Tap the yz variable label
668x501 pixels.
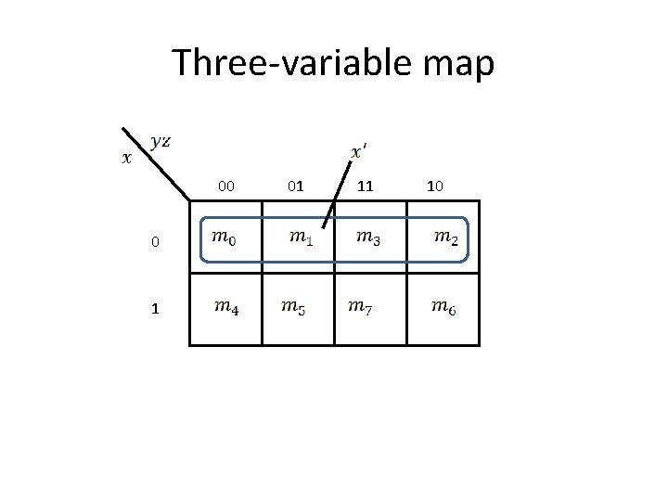click(160, 141)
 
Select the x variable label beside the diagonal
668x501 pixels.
click(127, 157)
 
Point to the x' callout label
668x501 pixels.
click(359, 150)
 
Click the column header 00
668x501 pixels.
click(225, 186)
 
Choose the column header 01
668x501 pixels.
click(295, 186)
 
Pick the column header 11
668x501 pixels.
click(366, 186)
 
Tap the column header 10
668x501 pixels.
click(434, 186)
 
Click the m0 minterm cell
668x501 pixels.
click(225, 238)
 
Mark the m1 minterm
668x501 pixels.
click(299, 238)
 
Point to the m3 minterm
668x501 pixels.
click(367, 238)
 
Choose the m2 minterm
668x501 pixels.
click(445, 238)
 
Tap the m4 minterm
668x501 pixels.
click(225, 306)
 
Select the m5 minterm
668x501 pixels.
click(293, 306)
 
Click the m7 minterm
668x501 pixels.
click(360, 306)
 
